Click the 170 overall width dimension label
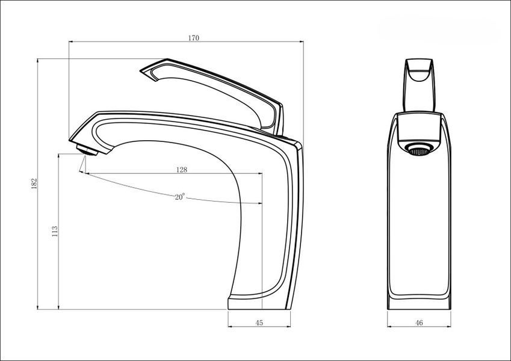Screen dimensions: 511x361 click(x=193, y=38)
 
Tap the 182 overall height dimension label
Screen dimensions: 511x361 click(x=34, y=184)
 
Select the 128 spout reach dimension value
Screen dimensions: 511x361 click(x=182, y=170)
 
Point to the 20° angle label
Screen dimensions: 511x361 click(x=180, y=197)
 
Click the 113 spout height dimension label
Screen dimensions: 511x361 click(x=55, y=231)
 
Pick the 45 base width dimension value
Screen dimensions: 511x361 click(x=259, y=322)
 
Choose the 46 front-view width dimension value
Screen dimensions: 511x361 click(x=419, y=322)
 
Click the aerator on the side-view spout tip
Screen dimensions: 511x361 click(x=87, y=150)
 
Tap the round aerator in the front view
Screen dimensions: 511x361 click(x=419, y=150)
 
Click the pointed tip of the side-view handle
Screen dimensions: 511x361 click(x=141, y=71)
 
